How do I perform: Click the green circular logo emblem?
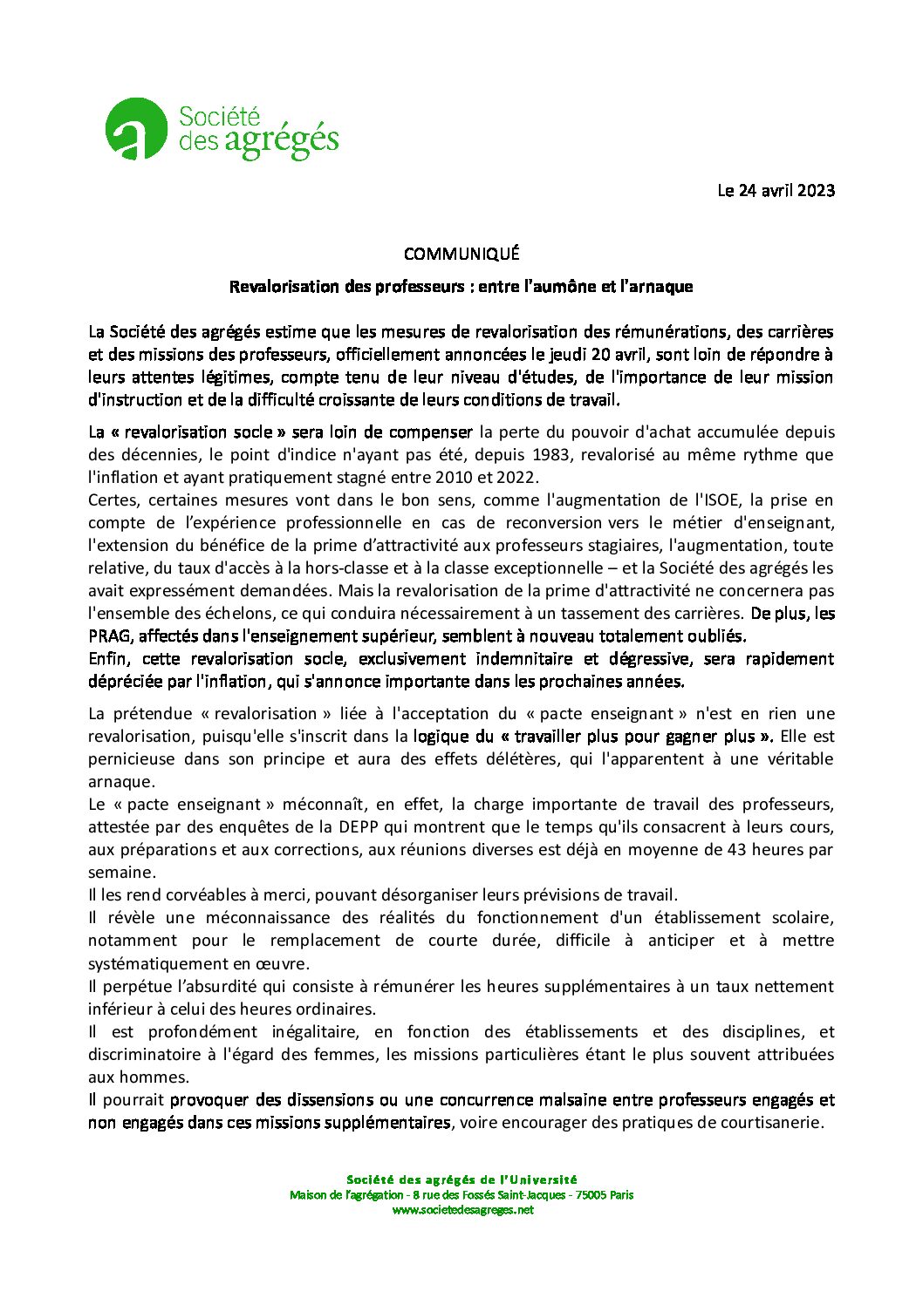(136, 129)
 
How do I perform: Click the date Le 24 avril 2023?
(776, 190)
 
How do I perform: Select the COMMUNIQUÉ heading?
(461, 254)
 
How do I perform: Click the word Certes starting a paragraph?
(113, 500)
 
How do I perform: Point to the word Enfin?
(109, 658)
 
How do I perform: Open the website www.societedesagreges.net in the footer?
(462, 1210)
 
